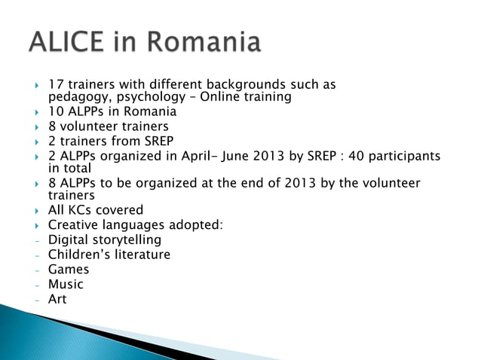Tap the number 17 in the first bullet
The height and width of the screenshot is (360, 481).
[x=55, y=84]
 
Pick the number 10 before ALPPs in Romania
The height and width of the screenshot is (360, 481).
[x=56, y=112]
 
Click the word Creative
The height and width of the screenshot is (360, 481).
[x=73, y=224]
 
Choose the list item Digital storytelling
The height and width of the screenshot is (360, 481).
[x=105, y=239]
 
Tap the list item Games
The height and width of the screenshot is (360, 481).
[x=69, y=269]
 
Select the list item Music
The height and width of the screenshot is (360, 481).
[x=66, y=284]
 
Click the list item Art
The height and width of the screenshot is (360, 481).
[x=57, y=299]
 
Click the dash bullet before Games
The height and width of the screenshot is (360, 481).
[x=36, y=270]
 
